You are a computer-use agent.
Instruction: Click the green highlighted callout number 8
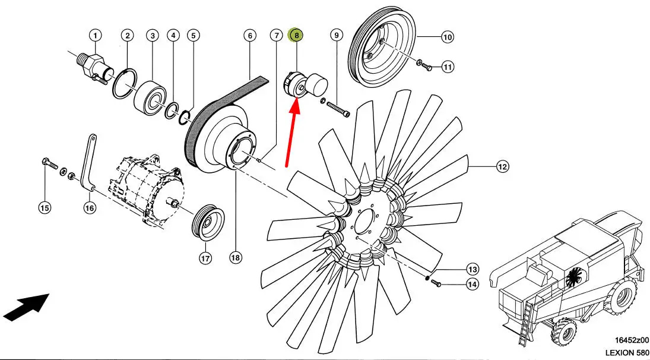click(295, 36)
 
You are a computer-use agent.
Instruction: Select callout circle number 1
click(96, 36)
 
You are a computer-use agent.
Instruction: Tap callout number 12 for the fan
click(502, 167)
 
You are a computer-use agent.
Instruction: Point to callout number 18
click(236, 257)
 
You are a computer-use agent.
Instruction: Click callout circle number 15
click(45, 207)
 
